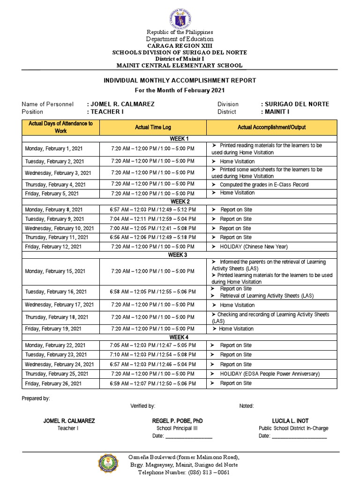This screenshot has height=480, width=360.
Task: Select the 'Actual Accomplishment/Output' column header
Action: click(271, 127)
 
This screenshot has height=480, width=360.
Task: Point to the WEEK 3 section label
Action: click(178, 255)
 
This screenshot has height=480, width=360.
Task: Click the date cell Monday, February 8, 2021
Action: click(53, 210)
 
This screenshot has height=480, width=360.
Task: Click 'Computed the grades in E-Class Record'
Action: click(263, 185)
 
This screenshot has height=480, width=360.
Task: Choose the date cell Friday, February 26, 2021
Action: click(53, 383)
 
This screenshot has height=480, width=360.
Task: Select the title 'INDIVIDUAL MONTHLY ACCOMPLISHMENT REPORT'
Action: click(180, 81)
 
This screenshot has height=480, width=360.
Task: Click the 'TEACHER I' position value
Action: click(105, 112)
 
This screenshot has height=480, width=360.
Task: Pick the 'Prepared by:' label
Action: click(36, 398)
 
